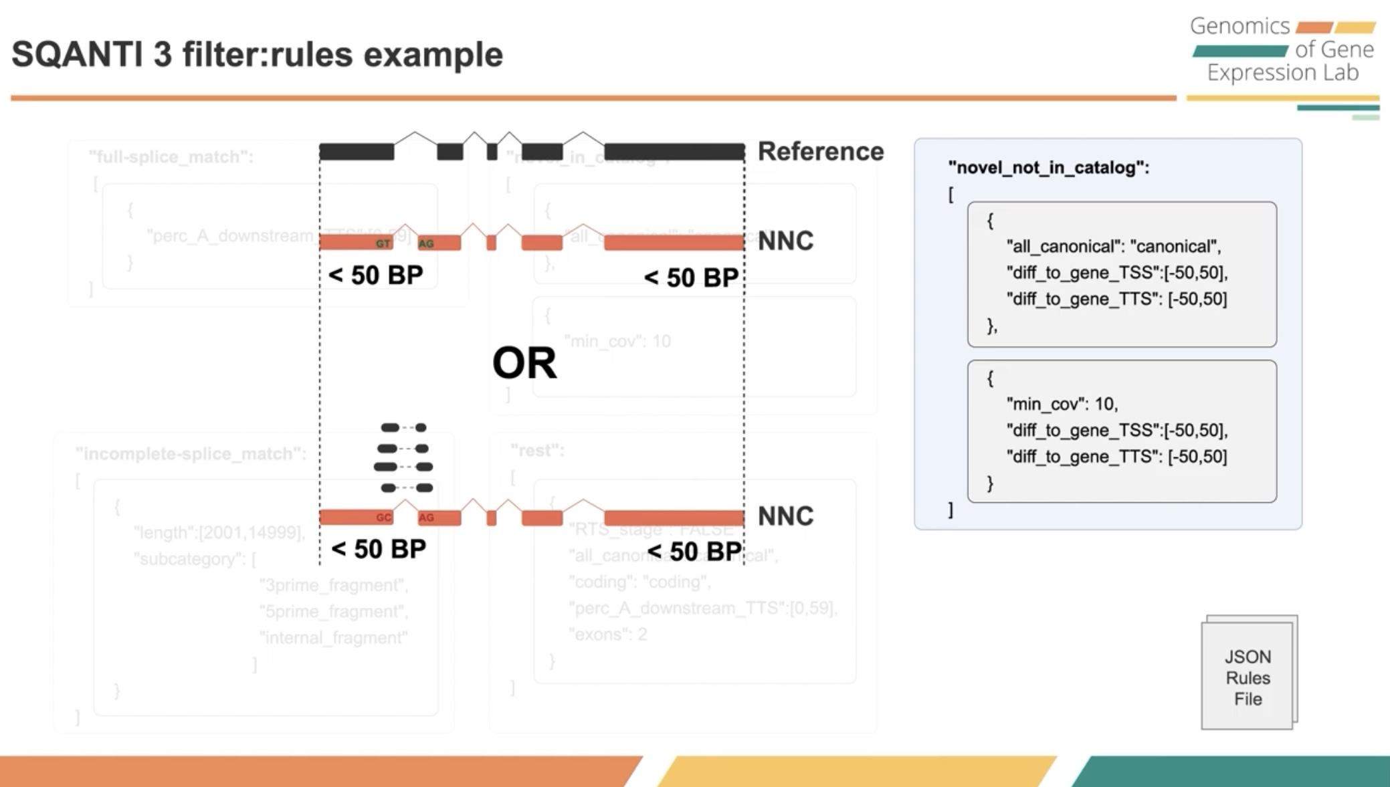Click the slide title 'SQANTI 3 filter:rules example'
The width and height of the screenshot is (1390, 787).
pos(257,55)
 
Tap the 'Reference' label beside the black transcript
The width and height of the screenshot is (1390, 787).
pos(820,152)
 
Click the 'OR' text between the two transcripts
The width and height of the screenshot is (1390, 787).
pos(524,363)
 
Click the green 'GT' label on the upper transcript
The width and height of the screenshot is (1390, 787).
pos(383,243)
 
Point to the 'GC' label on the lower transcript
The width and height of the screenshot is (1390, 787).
pos(383,518)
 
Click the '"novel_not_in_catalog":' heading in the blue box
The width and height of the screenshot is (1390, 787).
pos(1048,168)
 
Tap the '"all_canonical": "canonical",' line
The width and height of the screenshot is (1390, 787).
pos(1113,247)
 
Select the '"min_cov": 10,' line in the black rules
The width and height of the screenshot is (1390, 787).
pos(1062,404)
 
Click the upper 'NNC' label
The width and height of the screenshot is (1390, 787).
pos(785,241)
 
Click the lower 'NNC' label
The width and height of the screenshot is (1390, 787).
pos(785,516)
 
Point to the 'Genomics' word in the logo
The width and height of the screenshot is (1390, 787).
pos(1239,26)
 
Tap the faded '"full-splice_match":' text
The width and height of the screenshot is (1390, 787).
pos(171,157)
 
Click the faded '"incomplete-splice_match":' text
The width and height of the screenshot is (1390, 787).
pos(191,454)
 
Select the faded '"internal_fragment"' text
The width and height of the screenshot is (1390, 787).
pos(333,638)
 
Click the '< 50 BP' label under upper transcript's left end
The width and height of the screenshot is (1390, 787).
pos(375,275)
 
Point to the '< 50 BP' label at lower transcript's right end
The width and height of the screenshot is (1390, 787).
pos(694,552)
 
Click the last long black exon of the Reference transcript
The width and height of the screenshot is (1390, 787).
pos(674,152)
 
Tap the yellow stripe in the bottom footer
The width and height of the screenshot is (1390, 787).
pos(856,771)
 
